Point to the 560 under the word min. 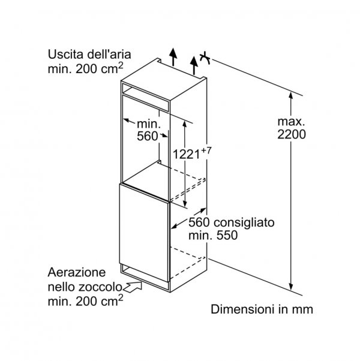pyautogui.click(x=148, y=136)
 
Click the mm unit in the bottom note pyautogui.click(x=303, y=310)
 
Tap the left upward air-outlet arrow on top pyautogui.click(x=173, y=56)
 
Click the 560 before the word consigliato pyautogui.click(x=200, y=222)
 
